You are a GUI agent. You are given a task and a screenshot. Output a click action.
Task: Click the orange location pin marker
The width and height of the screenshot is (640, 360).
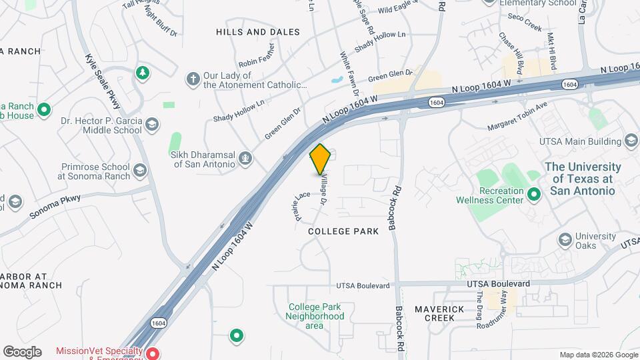(x=321, y=159)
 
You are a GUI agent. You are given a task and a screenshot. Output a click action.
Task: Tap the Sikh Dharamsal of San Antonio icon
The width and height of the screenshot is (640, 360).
(x=245, y=158)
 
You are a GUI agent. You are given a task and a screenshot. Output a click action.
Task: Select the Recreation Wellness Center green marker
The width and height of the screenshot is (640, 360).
(x=533, y=195)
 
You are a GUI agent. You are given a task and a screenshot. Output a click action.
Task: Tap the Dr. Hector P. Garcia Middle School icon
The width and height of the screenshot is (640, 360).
(x=153, y=125)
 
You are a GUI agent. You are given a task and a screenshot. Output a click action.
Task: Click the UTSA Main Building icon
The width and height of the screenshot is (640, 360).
(x=631, y=141)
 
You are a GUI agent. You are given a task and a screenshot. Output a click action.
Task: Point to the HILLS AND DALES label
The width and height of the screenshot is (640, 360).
(x=257, y=32)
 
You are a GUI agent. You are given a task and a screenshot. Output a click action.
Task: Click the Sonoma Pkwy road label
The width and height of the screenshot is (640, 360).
(x=55, y=207)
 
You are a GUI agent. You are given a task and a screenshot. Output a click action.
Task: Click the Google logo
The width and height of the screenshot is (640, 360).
(x=22, y=351)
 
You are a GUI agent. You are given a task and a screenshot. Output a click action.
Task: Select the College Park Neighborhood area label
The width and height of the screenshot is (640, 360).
(x=315, y=316)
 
